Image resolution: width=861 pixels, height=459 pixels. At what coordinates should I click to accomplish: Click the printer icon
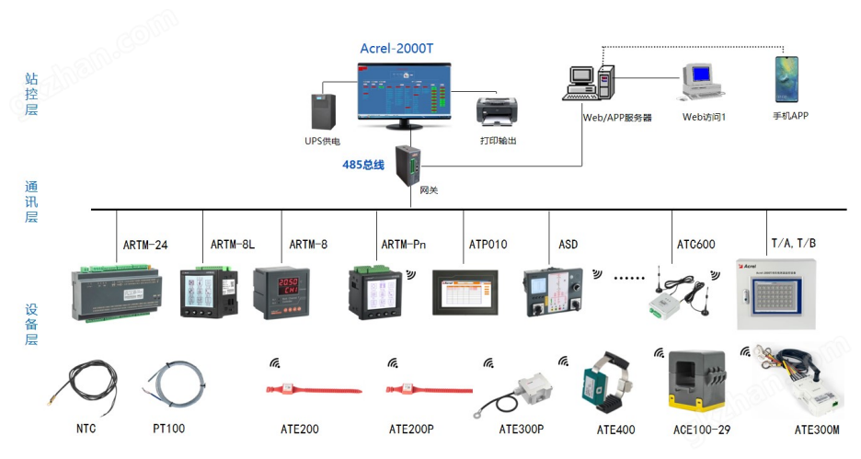click(x=498, y=111)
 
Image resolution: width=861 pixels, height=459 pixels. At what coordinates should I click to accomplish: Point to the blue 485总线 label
click(x=363, y=166)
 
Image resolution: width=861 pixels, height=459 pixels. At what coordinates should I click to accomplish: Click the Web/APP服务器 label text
click(x=616, y=118)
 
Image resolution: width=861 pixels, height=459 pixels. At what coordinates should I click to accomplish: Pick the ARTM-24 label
click(x=146, y=245)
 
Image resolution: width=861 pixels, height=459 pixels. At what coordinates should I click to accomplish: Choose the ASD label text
click(x=568, y=245)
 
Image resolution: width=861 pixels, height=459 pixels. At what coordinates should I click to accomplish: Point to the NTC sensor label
click(x=86, y=429)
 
